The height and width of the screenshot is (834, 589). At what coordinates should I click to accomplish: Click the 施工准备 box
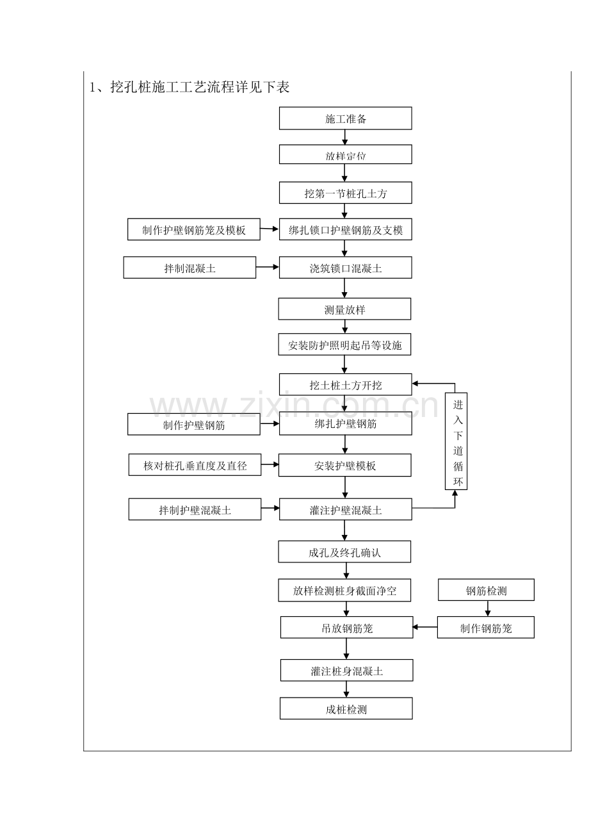(345, 119)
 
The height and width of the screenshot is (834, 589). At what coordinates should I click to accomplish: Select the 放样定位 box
(345, 154)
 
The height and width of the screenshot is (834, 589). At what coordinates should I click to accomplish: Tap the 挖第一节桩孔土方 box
(345, 193)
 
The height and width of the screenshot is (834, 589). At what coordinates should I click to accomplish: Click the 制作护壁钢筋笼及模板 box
(193, 229)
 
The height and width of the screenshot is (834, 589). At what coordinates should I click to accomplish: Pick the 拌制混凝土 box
(190, 267)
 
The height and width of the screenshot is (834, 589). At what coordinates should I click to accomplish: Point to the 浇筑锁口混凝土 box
(345, 267)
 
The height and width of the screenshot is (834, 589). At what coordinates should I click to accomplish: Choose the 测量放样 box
(344, 309)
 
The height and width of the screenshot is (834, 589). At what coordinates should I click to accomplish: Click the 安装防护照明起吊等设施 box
(344, 345)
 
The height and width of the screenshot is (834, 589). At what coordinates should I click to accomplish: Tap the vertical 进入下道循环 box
(456, 441)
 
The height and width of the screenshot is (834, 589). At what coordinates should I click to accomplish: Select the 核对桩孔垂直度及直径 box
(195, 464)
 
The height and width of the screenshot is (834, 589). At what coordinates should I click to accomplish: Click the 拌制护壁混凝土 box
(195, 509)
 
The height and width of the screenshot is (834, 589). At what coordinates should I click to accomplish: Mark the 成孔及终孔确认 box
(344, 552)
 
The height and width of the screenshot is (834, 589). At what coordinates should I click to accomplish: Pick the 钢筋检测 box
(486, 590)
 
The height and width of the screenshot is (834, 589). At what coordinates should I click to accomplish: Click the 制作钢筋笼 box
(485, 627)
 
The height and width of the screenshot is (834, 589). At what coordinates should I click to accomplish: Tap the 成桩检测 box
(346, 708)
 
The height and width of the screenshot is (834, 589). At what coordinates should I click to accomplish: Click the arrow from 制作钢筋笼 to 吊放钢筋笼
(425, 627)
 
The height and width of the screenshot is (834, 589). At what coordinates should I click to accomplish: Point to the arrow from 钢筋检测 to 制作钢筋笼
(488, 609)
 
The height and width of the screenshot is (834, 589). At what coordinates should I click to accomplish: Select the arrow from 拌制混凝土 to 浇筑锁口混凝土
(267, 266)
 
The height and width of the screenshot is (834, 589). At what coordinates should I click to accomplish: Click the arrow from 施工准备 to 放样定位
(345, 137)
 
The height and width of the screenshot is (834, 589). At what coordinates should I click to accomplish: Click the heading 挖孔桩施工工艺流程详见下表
(200, 87)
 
